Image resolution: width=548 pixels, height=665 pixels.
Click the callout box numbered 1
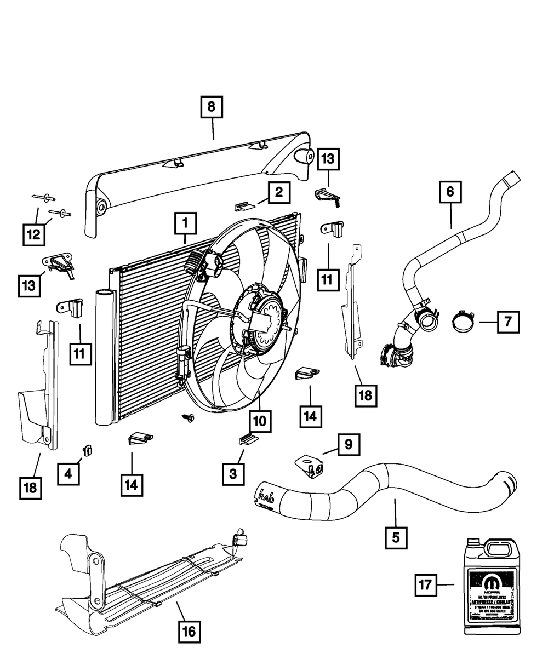pos(185,223)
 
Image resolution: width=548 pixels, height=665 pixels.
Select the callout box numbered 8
pos(212,107)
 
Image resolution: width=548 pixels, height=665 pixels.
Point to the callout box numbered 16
pos(188,632)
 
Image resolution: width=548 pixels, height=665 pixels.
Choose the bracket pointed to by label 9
pos(306,463)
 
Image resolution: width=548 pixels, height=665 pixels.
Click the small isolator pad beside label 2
pos(245,207)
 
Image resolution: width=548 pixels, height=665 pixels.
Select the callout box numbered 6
pos(450,192)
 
